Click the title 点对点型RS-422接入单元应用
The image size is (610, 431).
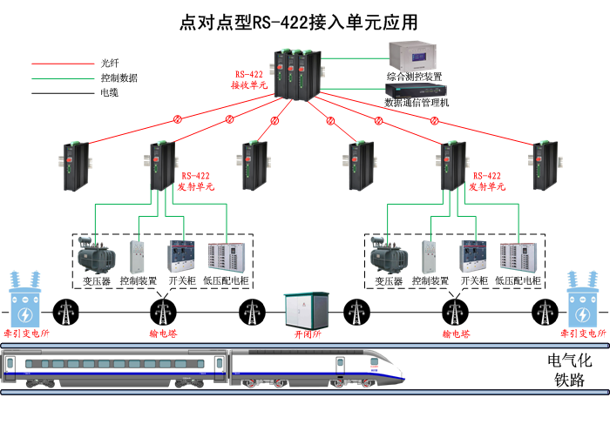pyautogui.click(x=305, y=22)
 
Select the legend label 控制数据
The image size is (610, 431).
pyautogui.click(x=118, y=78)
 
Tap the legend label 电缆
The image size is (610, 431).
pyautogui.click(x=109, y=92)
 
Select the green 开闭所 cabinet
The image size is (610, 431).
pyautogui.click(x=307, y=310)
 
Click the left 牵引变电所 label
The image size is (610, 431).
pyautogui.click(x=25, y=333)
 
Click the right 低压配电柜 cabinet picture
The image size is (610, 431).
pyautogui.click(x=520, y=256)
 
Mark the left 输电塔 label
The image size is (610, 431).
pyautogui.click(x=163, y=333)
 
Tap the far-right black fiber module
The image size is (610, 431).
pyautogui.click(x=543, y=165)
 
